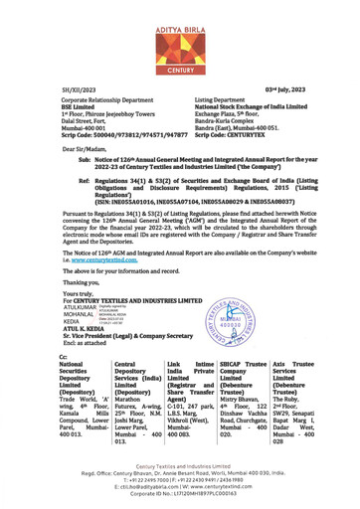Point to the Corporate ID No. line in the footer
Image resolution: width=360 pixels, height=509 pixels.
(x=179, y=493)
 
